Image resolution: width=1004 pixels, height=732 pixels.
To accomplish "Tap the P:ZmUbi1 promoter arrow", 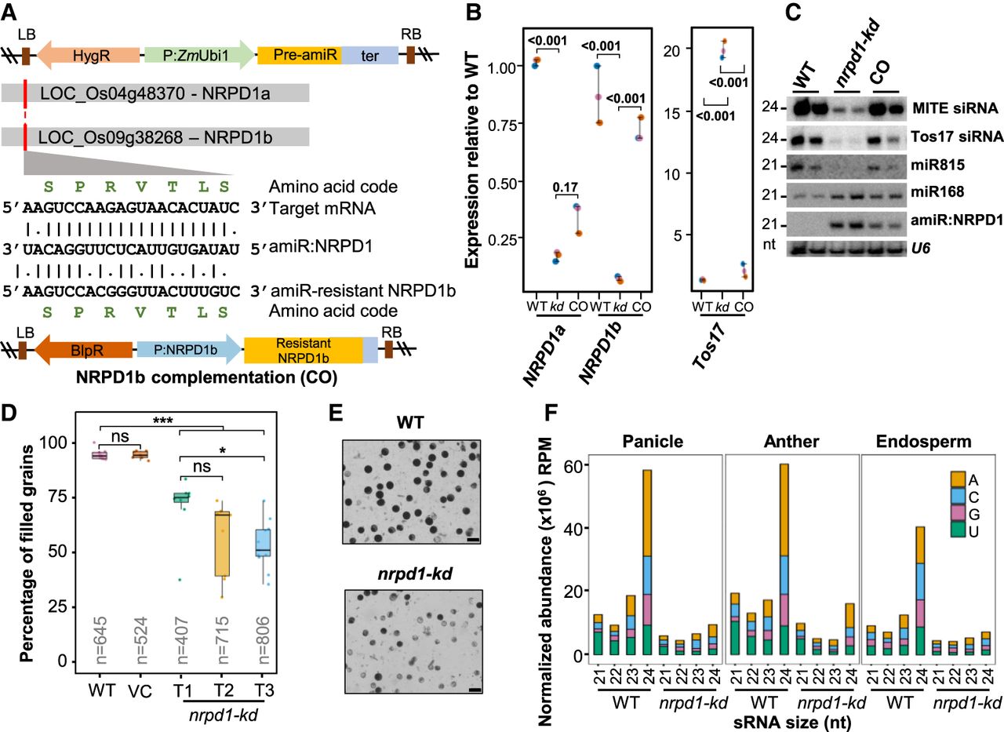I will tap(200, 54).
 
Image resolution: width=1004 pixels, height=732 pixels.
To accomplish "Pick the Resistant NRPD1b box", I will tap(304, 350).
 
